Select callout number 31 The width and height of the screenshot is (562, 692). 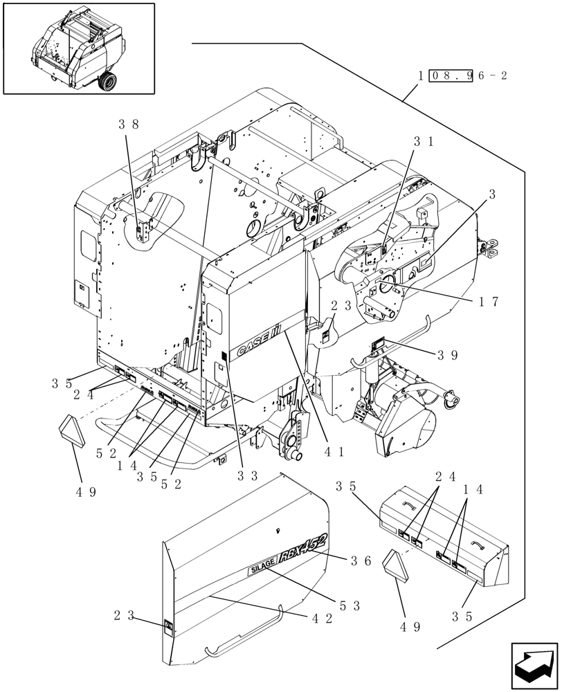[x=423, y=141]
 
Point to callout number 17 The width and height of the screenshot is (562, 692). [x=488, y=302]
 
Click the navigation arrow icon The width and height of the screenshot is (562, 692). [x=534, y=665]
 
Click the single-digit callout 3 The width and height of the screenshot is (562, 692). [x=492, y=196]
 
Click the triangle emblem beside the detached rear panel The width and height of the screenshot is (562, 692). [x=400, y=568]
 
